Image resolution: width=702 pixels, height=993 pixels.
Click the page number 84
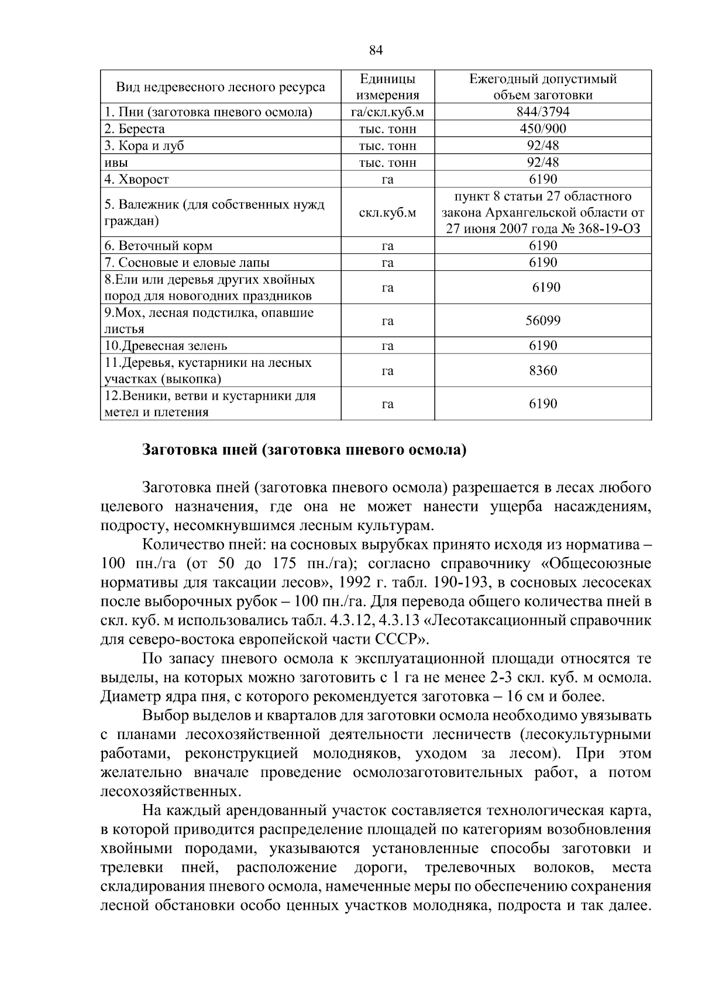click(376, 50)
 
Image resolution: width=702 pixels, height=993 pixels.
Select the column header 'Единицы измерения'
click(387, 87)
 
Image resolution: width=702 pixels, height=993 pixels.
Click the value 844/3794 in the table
click(543, 112)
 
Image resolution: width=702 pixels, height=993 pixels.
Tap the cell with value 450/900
click(543, 129)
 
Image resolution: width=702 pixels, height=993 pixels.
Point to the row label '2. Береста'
click(135, 129)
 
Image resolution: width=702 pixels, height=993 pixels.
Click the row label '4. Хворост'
click(136, 179)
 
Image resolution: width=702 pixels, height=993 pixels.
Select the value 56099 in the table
click(543, 321)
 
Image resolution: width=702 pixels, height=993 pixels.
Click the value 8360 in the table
click(543, 370)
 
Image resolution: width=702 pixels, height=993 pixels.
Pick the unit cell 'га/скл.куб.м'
click(387, 112)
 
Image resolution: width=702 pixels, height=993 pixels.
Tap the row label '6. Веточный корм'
click(158, 246)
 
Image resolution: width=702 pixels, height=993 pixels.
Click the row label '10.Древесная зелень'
click(166, 346)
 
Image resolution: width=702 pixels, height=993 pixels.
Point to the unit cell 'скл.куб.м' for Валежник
click(387, 212)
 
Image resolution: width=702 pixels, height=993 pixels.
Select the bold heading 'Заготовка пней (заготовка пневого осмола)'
click(305, 450)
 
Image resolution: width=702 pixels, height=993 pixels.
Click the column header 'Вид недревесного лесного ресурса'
click(221, 87)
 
